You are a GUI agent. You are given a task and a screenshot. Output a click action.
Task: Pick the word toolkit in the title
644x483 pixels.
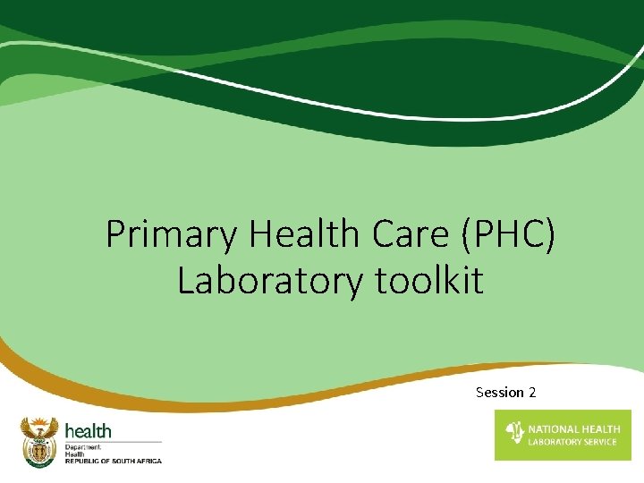(x=429, y=281)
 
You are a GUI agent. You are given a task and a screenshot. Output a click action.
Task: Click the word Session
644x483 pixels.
(x=500, y=393)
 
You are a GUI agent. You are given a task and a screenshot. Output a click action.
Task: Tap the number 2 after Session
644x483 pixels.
(x=532, y=393)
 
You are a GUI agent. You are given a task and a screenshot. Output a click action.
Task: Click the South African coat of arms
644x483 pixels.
(x=38, y=440)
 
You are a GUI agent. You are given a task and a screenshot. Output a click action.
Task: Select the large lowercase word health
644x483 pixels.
(x=88, y=432)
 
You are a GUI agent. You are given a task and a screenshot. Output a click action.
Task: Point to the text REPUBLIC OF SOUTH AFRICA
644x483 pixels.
(x=113, y=461)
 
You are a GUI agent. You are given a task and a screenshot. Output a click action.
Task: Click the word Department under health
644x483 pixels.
(x=82, y=446)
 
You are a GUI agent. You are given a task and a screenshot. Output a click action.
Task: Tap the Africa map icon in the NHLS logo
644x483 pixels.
(x=514, y=434)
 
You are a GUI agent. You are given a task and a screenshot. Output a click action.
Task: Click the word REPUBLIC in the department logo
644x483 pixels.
(x=80, y=461)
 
